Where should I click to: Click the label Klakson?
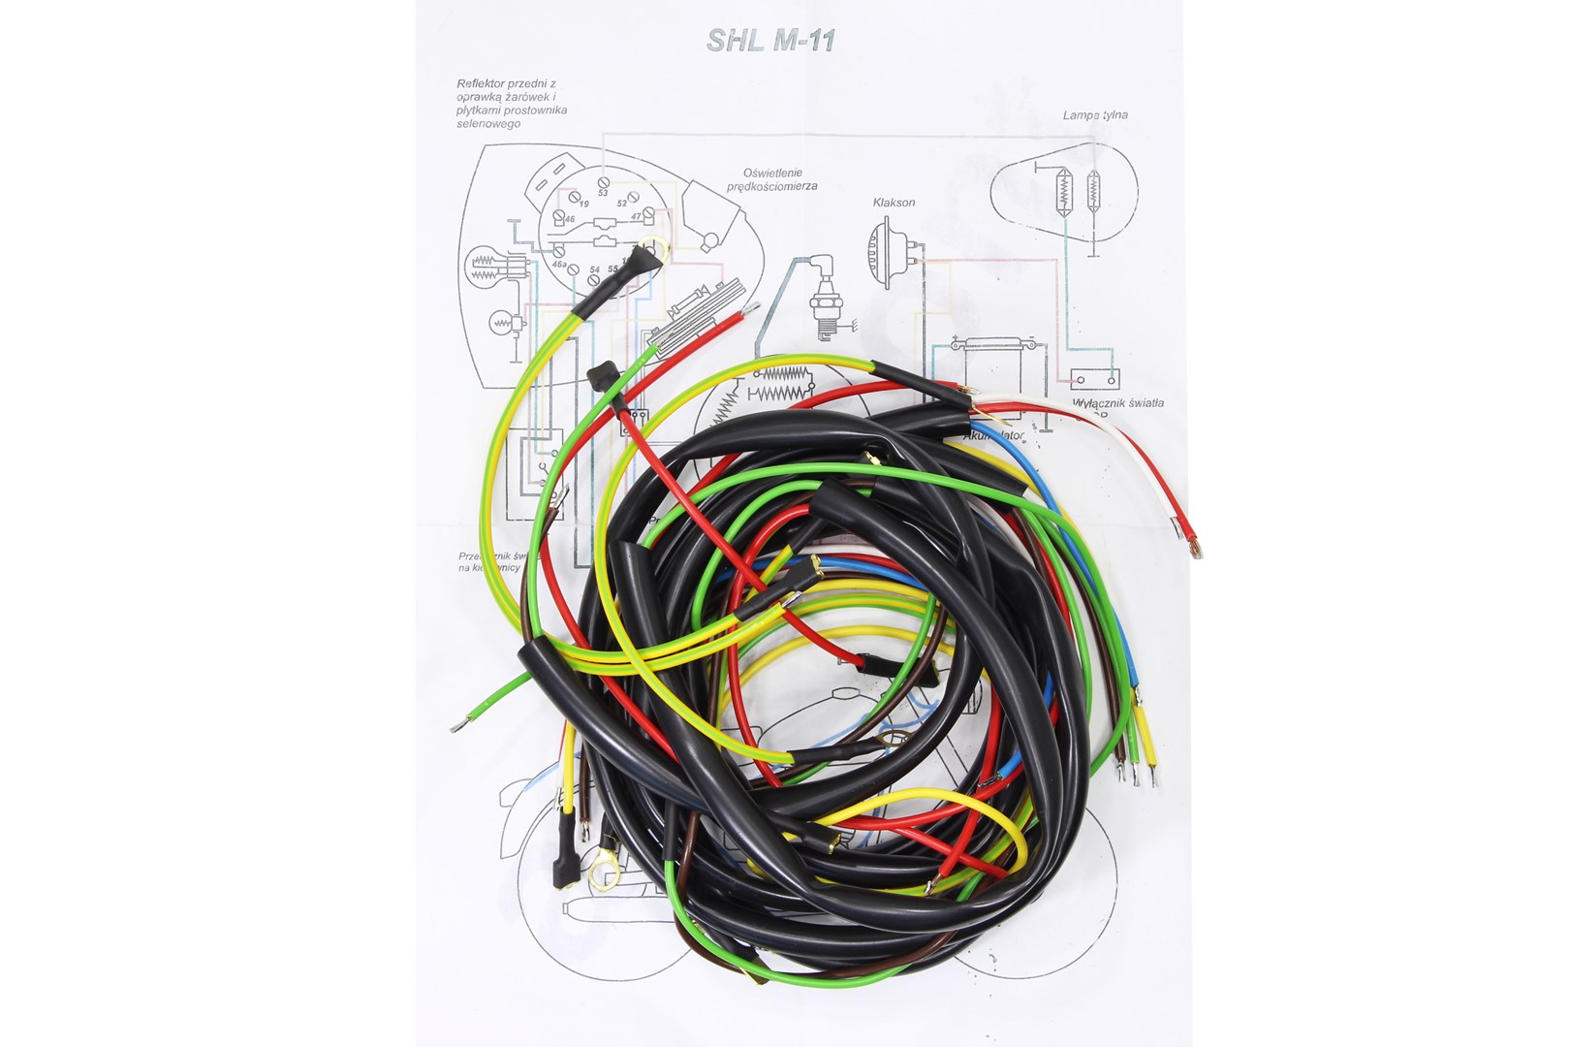(x=894, y=203)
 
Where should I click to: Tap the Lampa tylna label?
(x=1095, y=114)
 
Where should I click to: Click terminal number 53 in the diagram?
(x=603, y=193)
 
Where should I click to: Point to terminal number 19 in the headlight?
(x=582, y=205)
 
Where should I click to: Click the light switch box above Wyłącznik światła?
(x=1094, y=378)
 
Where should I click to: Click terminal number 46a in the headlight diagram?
(x=559, y=263)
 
